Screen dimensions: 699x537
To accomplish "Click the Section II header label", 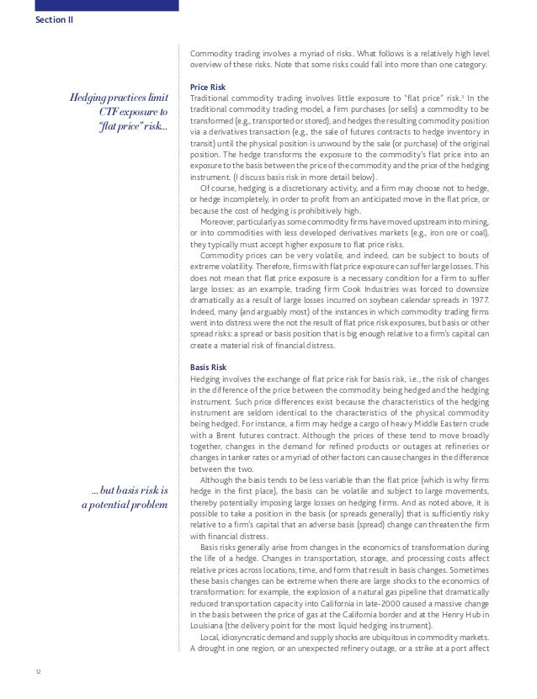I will click(54, 19).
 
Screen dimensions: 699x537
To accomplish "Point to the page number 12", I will click(39, 671).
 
